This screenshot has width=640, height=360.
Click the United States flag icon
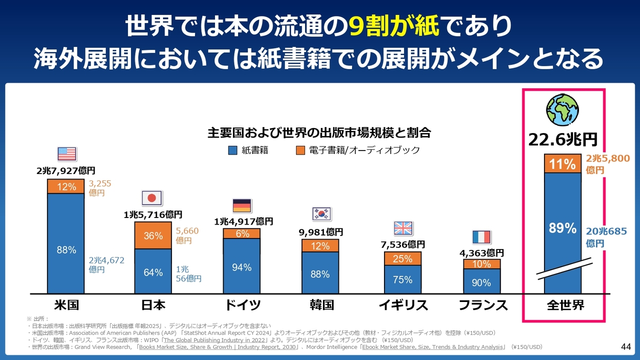[66, 153]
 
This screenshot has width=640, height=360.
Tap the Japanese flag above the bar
[152, 198]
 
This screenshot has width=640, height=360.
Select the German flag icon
[241, 205]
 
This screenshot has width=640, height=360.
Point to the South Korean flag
[321, 214]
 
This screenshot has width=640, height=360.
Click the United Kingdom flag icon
[402, 228]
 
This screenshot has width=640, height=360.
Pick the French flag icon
[481, 236]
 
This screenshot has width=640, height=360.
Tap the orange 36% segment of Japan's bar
[152, 235]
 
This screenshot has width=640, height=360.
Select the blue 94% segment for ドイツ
[241, 267]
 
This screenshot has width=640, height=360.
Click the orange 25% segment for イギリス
[402, 258]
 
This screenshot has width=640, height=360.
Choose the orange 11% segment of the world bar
[562, 163]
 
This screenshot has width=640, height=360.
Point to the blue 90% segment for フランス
[481, 282]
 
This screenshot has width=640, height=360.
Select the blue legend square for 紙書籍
[232, 150]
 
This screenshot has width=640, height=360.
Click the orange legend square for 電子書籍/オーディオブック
[300, 150]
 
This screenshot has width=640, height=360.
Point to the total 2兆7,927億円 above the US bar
[66, 171]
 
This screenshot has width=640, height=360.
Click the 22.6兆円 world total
[563, 138]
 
